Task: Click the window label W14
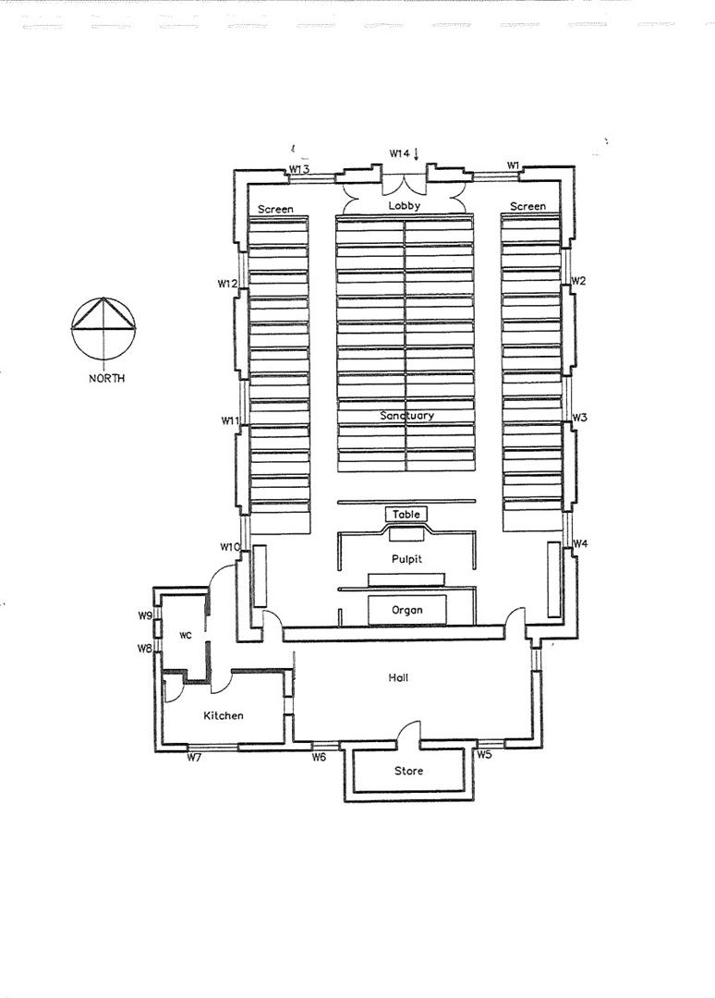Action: coord(399,153)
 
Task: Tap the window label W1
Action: coord(514,165)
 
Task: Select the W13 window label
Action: coord(298,169)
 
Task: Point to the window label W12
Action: coord(228,283)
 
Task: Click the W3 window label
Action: coord(579,418)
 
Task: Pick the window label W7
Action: coord(194,758)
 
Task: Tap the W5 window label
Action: coord(484,755)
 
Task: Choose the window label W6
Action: coord(319,758)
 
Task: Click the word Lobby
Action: coord(404,206)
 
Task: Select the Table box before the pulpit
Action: coord(406,515)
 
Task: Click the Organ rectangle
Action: coord(407,610)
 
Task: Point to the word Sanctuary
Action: coord(406,416)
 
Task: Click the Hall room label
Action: coord(399,677)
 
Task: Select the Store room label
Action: coord(408,771)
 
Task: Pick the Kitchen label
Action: coord(224,715)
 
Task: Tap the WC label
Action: coord(186,635)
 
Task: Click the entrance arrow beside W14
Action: coord(418,153)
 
